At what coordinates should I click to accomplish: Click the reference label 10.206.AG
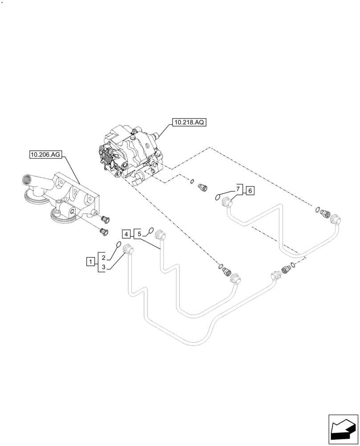[45, 155]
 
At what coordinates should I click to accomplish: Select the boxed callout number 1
[90, 262]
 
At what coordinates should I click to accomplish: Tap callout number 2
[103, 257]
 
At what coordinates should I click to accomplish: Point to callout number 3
[103, 267]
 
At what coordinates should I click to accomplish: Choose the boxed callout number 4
[127, 234]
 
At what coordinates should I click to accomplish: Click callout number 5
[139, 234]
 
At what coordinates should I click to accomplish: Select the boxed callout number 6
[250, 190]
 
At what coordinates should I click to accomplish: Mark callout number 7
[238, 190]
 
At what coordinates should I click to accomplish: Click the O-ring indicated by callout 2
[119, 244]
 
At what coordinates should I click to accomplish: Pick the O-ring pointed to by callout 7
[218, 196]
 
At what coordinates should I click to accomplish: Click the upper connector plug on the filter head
[105, 219]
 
